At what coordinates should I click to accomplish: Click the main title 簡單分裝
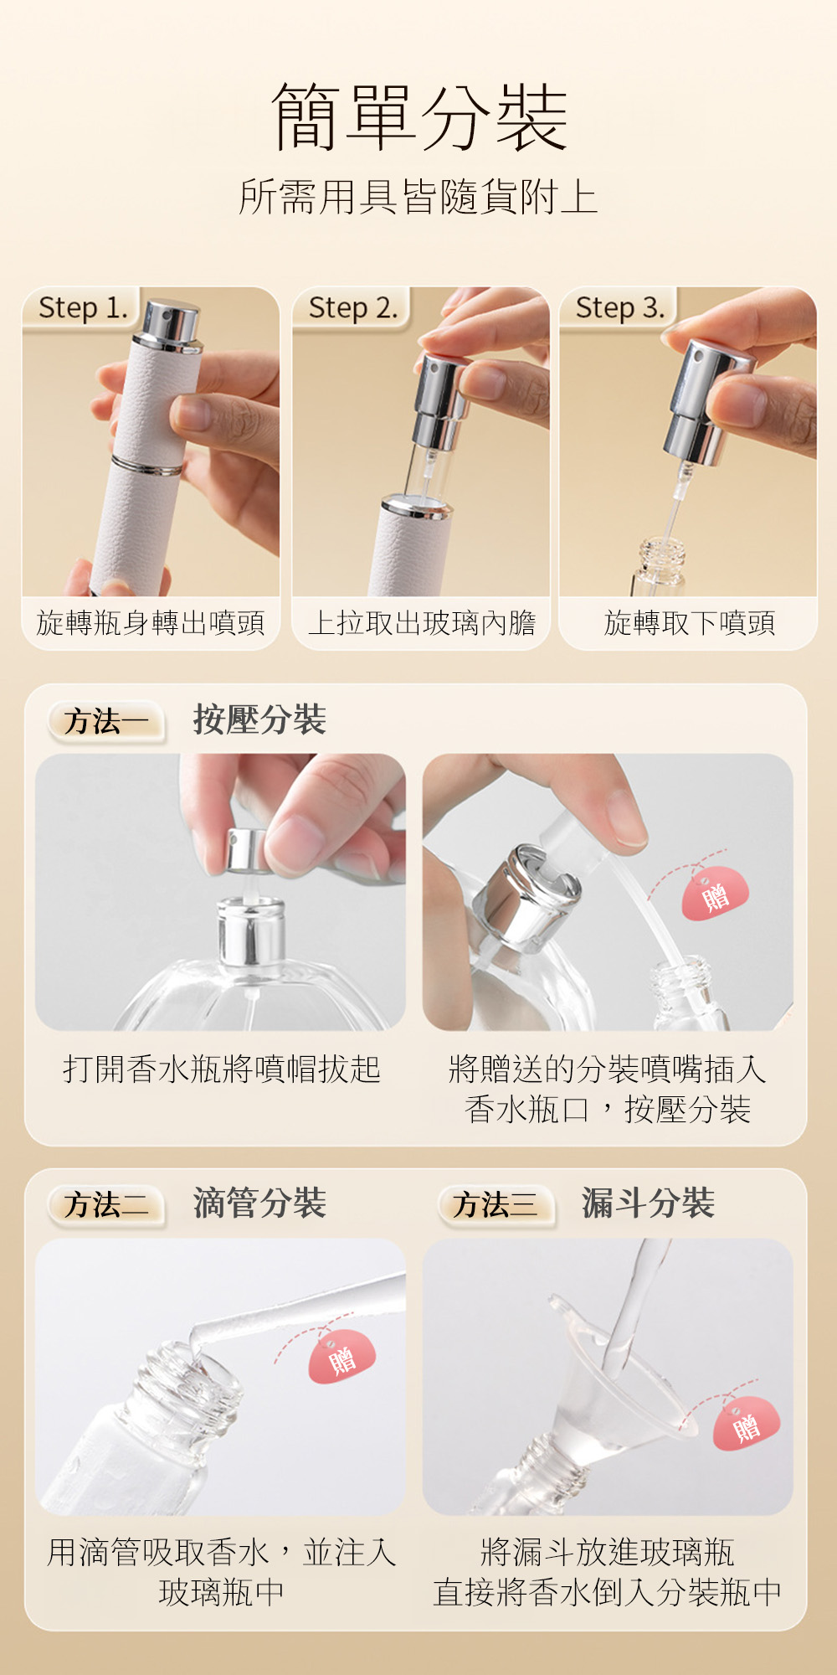click(419, 117)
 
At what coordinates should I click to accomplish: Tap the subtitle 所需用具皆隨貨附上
click(418, 197)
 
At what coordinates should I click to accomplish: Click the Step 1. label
click(83, 307)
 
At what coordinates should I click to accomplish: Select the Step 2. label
click(353, 307)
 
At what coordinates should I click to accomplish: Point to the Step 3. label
click(620, 307)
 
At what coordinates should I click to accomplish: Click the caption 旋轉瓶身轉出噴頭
click(151, 622)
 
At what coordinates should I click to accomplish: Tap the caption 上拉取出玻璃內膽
click(421, 622)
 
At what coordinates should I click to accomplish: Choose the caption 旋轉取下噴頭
click(689, 622)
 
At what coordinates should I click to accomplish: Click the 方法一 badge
click(106, 721)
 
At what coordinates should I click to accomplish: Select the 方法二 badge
click(106, 1205)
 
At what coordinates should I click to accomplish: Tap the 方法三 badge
click(496, 1205)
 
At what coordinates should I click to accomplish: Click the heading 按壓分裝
click(259, 719)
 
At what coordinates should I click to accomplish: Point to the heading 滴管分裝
click(259, 1203)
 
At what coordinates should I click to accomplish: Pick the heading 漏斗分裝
click(648, 1203)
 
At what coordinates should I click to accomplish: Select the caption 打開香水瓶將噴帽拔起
click(222, 1069)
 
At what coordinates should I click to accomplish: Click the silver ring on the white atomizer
click(146, 466)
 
